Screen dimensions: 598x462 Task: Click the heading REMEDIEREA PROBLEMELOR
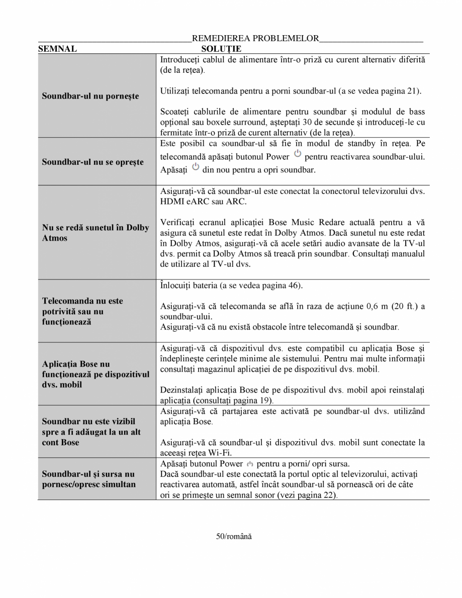pyautogui.click(x=255, y=38)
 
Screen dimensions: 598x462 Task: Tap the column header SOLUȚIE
pyautogui.click(x=221, y=49)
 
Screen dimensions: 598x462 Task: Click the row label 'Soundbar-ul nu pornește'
pyautogui.click(x=90, y=95)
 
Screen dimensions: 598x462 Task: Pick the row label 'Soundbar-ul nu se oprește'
pyautogui.click(x=93, y=162)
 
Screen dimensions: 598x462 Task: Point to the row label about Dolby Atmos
pyautogui.click(x=96, y=233)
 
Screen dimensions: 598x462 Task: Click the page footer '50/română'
pyautogui.click(x=234, y=536)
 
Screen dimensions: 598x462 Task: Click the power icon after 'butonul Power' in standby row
pyautogui.click(x=298, y=153)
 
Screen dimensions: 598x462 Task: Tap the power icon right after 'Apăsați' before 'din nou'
pyautogui.click(x=196, y=167)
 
